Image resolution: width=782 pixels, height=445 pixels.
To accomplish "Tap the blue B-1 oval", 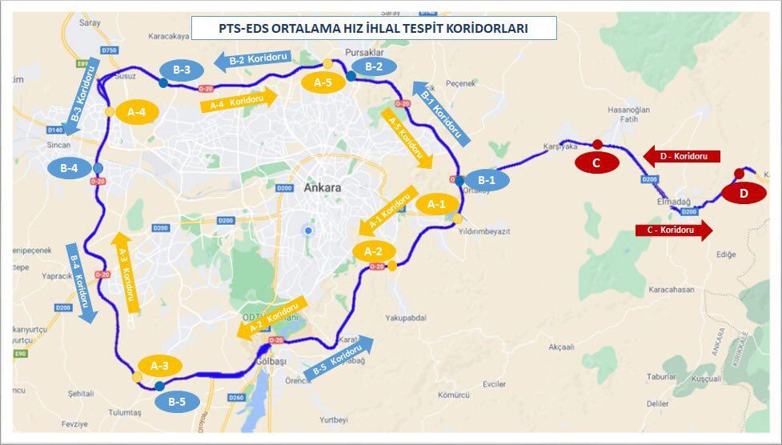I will pyautogui.click(x=487, y=180).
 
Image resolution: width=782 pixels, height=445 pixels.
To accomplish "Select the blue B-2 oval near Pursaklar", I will pyautogui.click(x=374, y=66).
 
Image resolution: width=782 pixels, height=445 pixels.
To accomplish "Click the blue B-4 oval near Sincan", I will pyautogui.click(x=68, y=168).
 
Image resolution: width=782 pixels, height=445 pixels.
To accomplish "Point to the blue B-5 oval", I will pyautogui.click(x=177, y=401).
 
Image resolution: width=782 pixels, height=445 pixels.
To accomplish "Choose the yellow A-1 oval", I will pyautogui.click(x=436, y=204).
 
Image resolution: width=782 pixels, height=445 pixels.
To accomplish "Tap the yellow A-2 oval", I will pyautogui.click(x=374, y=251).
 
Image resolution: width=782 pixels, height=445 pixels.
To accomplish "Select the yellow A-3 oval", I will pyautogui.click(x=160, y=366).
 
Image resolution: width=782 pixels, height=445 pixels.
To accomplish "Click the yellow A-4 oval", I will pyautogui.click(x=136, y=112).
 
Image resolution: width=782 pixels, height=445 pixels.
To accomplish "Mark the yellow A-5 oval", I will pyautogui.click(x=323, y=82).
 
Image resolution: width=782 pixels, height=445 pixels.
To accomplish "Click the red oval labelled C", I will pyautogui.click(x=596, y=163).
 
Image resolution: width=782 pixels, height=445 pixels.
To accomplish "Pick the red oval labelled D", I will pyautogui.click(x=744, y=193).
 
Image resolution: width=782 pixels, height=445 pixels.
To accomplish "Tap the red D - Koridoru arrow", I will pyautogui.click(x=681, y=155).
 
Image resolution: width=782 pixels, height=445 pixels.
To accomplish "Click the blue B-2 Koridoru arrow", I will pyautogui.click(x=255, y=58).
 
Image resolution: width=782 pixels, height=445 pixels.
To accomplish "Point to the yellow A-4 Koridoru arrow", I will pyautogui.click(x=238, y=102).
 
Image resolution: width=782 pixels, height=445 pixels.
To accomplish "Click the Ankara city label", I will pyautogui.click(x=323, y=188).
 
